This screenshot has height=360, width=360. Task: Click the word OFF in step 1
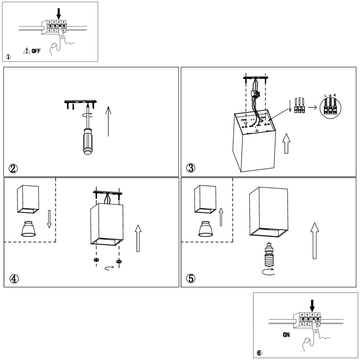(36, 51)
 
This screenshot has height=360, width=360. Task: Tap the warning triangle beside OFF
(27, 51)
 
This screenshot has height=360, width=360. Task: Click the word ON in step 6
(286, 335)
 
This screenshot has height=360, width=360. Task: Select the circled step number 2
(14, 168)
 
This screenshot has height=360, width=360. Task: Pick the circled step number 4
(14, 278)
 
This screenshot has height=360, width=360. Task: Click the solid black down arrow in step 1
(59, 13)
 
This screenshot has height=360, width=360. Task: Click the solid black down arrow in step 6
(312, 305)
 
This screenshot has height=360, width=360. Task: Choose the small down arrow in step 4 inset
(49, 218)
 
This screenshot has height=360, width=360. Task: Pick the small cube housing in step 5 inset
(204, 201)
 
